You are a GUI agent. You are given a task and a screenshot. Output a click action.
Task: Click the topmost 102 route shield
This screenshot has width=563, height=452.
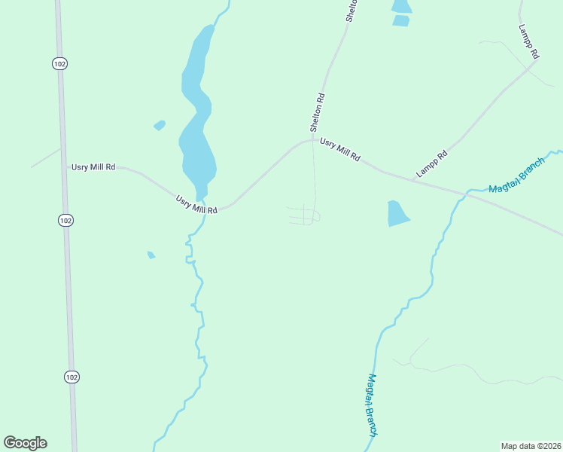pyautogui.click(x=60, y=63)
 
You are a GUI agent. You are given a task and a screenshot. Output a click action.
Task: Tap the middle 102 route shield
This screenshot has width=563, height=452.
pyautogui.click(x=66, y=220)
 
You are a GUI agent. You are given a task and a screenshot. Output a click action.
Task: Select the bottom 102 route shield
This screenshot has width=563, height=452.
pyautogui.click(x=71, y=377)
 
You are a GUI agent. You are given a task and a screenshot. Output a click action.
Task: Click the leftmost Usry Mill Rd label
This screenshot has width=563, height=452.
pyautogui.click(x=93, y=166)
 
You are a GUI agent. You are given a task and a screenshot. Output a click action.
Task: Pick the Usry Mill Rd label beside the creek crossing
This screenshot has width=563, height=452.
pyautogui.click(x=196, y=204)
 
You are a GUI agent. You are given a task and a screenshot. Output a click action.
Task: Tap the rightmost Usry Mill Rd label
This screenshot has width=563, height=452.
pyautogui.click(x=340, y=149)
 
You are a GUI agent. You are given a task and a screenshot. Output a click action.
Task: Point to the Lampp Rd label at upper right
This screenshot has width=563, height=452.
pyautogui.click(x=529, y=41)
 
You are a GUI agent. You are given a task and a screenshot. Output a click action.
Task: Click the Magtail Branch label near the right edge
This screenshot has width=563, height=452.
pyautogui.click(x=516, y=178)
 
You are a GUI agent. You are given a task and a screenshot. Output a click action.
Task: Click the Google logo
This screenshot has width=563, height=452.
pyautogui.click(x=25, y=443)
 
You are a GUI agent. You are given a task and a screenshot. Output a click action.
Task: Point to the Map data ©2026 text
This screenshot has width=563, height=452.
pyautogui.click(x=531, y=445)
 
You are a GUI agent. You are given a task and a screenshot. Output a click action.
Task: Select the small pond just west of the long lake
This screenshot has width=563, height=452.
pyautogui.click(x=159, y=125)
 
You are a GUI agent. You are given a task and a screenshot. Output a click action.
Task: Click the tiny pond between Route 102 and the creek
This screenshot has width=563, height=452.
pyautogui.click(x=151, y=255)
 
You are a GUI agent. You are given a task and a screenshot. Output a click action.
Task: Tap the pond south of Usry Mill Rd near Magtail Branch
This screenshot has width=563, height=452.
pyautogui.click(x=397, y=213)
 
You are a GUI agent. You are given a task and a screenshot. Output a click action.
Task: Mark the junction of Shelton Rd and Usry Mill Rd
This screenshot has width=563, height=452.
pyautogui.click(x=313, y=139)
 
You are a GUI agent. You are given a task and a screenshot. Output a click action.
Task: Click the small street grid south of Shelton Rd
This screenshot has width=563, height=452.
pyautogui.click(x=305, y=215)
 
